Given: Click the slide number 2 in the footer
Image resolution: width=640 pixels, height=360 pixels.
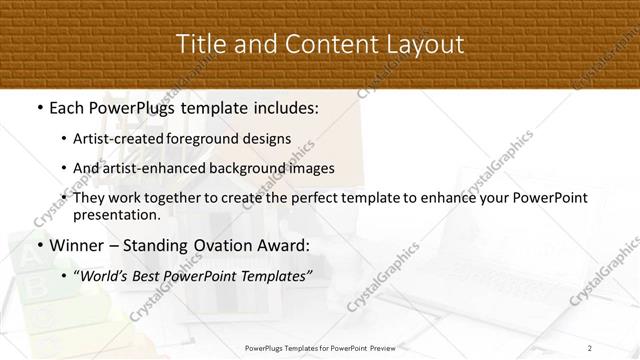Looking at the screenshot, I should pos(590,348).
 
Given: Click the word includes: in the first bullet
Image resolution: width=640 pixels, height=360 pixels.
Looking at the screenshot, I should pos(282,107).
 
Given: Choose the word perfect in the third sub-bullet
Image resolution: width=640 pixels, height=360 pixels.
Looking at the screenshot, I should pos(302,198).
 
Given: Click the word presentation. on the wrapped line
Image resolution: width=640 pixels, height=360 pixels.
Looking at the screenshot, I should pos(116,214).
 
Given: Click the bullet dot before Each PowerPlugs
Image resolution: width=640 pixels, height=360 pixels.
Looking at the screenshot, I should pos(38,107).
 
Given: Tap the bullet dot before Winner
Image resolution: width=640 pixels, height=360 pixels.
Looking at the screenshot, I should pos(38,244).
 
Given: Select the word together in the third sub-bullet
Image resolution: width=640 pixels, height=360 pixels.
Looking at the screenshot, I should pos(179,198).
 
